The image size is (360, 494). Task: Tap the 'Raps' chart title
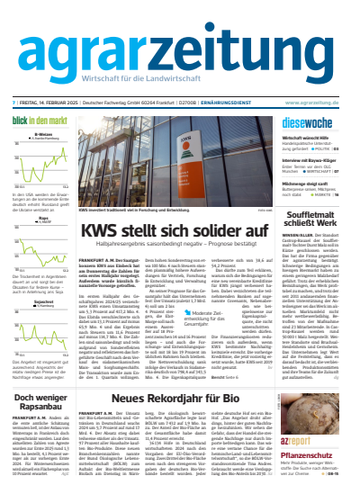41,217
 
